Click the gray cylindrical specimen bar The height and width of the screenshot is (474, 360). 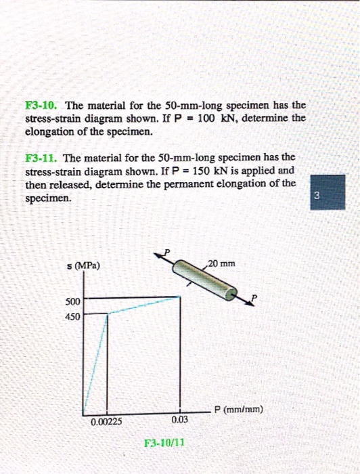point(205,278)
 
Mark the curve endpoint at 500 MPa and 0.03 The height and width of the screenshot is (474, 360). point(180,297)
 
